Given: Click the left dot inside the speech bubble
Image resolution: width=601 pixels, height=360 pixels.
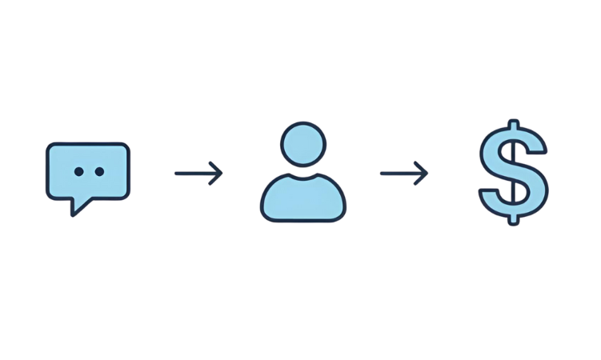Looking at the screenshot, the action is [78, 171].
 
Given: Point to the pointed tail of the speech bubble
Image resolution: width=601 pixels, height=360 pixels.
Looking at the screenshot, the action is [74, 211].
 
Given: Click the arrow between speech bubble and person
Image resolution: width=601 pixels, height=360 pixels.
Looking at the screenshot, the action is [198, 171].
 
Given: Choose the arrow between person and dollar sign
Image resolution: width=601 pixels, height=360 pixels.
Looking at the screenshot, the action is [403, 172].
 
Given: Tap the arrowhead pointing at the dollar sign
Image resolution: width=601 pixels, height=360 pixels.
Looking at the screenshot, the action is [425, 172].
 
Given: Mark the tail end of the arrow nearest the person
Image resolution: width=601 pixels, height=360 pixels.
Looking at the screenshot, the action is [382, 172].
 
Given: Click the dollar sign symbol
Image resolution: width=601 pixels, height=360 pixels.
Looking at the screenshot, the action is [512, 172].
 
